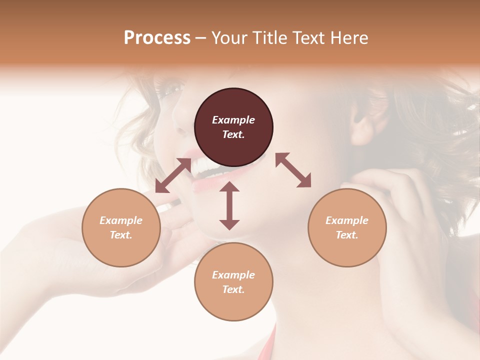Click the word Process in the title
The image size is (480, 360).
157,38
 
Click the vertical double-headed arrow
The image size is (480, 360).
229,205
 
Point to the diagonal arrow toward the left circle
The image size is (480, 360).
173,175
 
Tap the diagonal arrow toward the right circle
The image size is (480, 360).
293,170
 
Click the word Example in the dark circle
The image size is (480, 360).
233,120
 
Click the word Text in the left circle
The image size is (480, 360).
121,235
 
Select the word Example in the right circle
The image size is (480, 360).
347,220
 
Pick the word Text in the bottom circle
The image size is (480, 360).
233,289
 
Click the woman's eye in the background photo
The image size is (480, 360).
172,90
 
